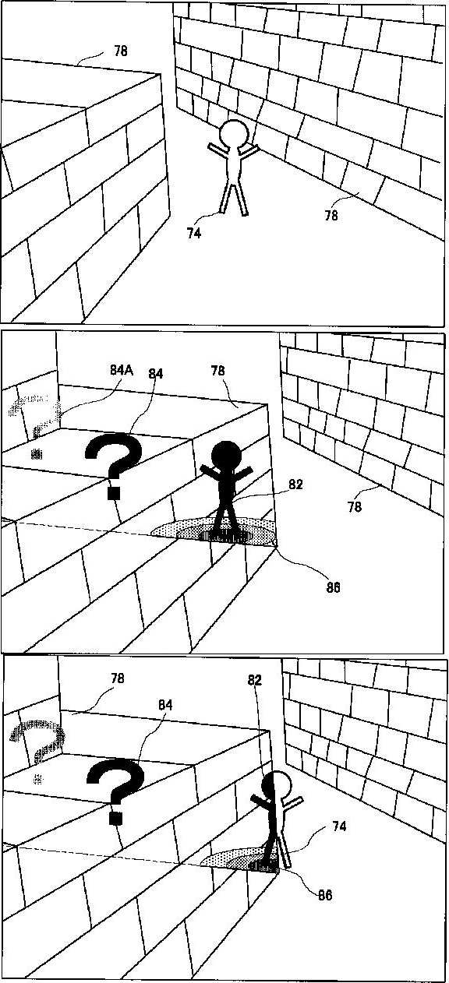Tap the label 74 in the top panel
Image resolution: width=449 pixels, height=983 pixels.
click(194, 234)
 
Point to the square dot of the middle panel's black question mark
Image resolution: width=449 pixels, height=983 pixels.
click(115, 493)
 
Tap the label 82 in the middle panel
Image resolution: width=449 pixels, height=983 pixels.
click(295, 484)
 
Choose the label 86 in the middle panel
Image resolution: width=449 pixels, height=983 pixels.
click(333, 587)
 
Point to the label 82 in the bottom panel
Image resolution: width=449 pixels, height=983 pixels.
click(254, 680)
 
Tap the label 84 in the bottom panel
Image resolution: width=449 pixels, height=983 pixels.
click(164, 705)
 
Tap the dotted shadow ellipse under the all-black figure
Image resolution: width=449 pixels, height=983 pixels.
click(214, 531)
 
